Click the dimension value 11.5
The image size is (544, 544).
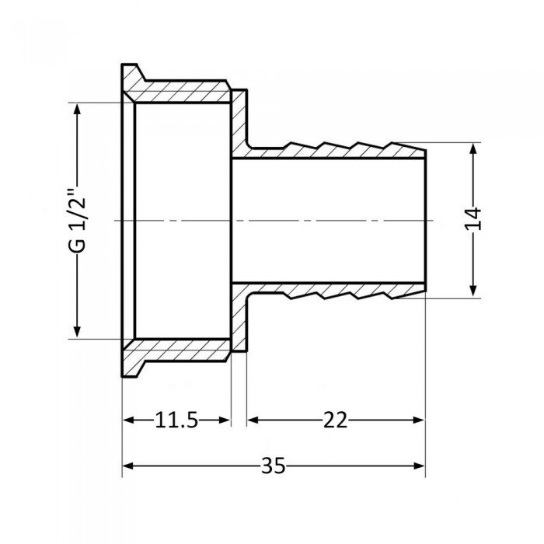click(x=176, y=420)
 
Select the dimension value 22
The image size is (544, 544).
click(x=336, y=420)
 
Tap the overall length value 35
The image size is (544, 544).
click(x=273, y=466)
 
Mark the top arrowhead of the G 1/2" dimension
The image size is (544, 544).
click(x=76, y=110)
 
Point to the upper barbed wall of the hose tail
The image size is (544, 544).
click(x=334, y=148)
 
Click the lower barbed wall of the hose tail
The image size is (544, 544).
click(x=334, y=291)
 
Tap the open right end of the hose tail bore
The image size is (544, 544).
click(x=424, y=220)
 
